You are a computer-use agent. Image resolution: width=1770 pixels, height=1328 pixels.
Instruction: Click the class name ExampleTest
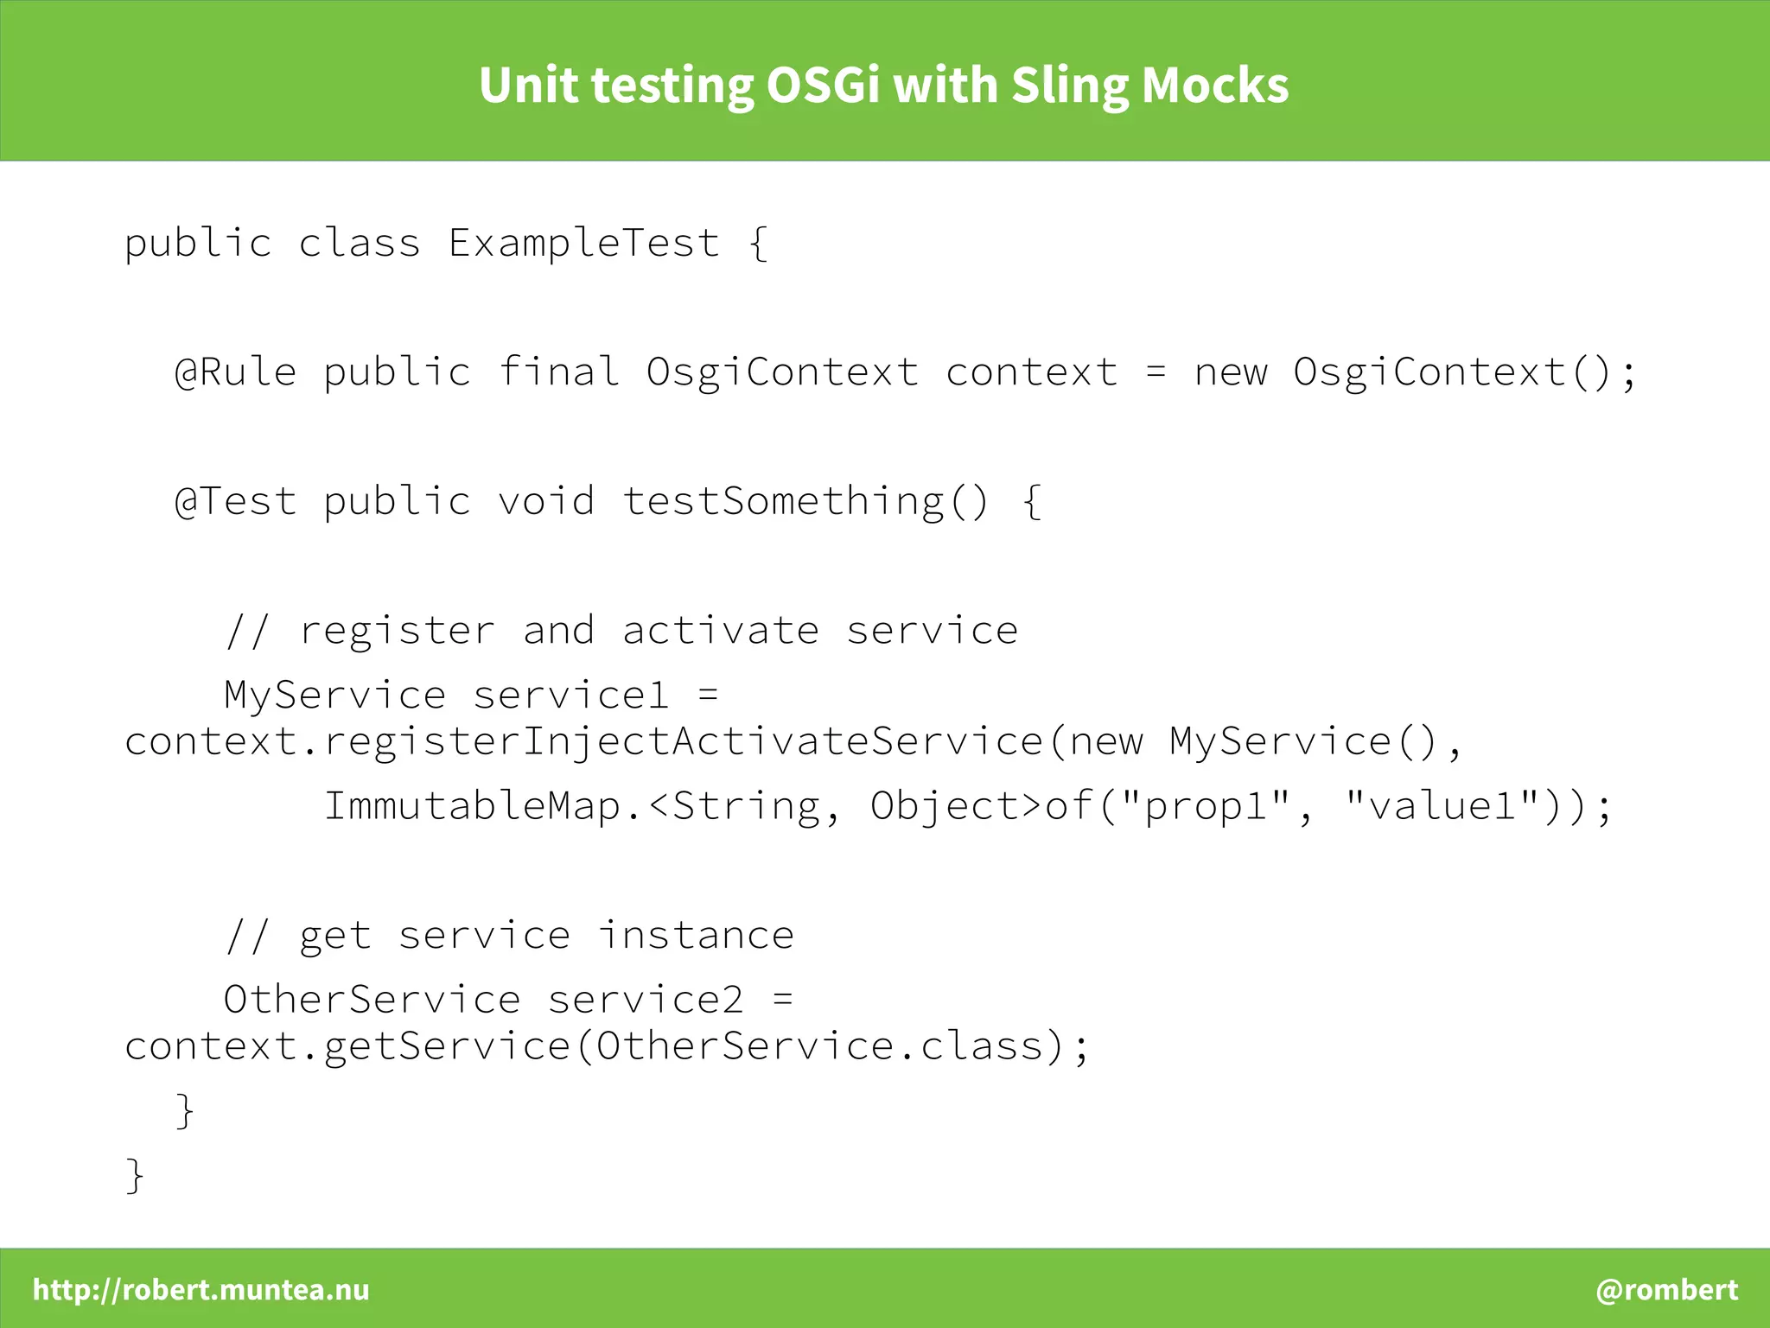pos(583,243)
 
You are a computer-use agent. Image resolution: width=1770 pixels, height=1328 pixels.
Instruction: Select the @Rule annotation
pos(235,372)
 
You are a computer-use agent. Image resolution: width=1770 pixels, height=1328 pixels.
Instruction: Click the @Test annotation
pos(235,501)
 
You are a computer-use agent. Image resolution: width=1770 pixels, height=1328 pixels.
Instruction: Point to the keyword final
pos(558,372)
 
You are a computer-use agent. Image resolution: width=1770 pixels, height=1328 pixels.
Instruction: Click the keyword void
pos(546,501)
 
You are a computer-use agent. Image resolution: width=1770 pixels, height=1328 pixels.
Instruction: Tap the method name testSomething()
pos(805,501)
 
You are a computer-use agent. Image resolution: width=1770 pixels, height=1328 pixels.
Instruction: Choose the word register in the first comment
pos(397,631)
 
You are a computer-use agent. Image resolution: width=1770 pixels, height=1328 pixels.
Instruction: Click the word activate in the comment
pos(720,631)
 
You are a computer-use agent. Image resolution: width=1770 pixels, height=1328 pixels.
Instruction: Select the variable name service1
pos(571,696)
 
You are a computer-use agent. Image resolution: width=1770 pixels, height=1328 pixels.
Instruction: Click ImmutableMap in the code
pos(472,806)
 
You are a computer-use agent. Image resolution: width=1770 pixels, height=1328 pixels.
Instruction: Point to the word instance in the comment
pos(696,936)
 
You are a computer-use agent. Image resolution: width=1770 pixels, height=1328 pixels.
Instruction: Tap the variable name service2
pos(646,1000)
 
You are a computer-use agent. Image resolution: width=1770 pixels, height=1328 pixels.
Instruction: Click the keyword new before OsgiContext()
pos(1231,372)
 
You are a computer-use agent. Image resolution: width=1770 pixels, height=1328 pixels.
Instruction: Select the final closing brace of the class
pos(135,1175)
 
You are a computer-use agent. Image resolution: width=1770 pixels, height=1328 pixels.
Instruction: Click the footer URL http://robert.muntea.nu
pos(201,1289)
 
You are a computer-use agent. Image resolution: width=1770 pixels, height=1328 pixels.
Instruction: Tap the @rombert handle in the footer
pos(1666,1289)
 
